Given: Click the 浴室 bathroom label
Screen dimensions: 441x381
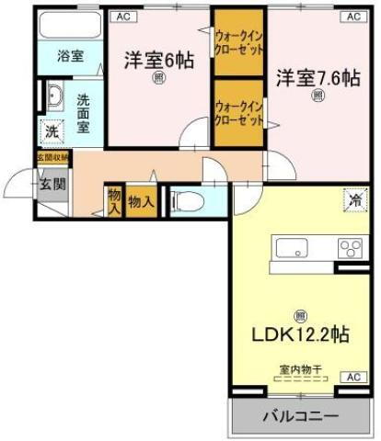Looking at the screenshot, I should pyautogui.click(x=70, y=56).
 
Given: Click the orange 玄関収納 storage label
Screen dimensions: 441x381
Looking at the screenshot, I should pyautogui.click(x=53, y=156).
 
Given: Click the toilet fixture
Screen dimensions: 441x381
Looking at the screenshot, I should pyautogui.click(x=188, y=198).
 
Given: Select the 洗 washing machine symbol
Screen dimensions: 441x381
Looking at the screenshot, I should pyautogui.click(x=53, y=130).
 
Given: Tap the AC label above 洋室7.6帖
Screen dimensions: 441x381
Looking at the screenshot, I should pyautogui.click(x=352, y=17).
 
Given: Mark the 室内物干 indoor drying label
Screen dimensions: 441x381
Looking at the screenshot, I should pyautogui.click(x=301, y=369).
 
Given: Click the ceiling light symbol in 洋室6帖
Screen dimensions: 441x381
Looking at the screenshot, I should pyautogui.click(x=158, y=79).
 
